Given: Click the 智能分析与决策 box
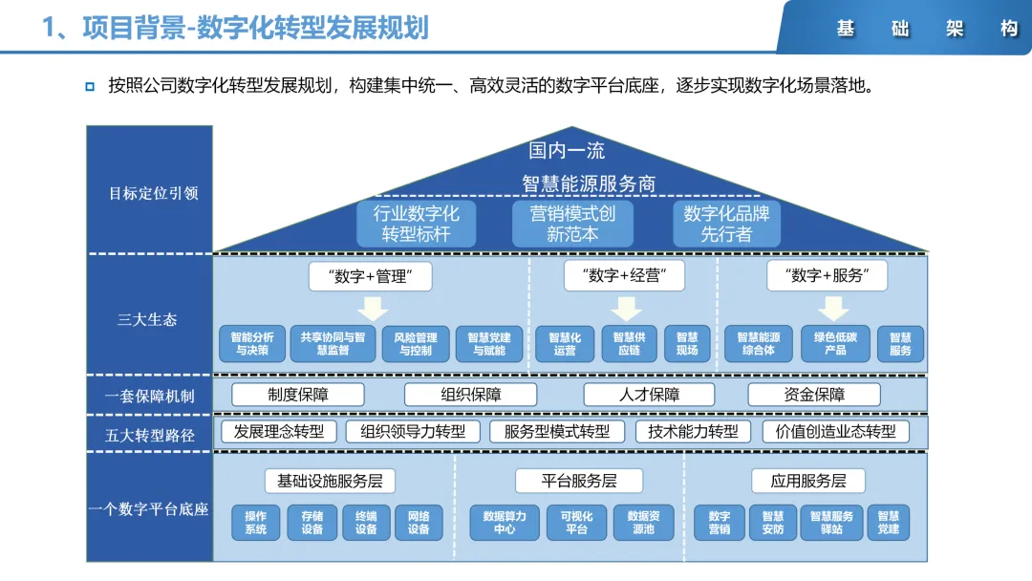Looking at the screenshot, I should pyautogui.click(x=253, y=344).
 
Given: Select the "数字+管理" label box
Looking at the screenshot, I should pyautogui.click(x=371, y=277).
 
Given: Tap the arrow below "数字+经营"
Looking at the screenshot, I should pyautogui.click(x=626, y=308).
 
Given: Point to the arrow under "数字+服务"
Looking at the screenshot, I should pyautogui.click(x=833, y=308).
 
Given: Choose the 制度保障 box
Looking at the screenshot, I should pyautogui.click(x=298, y=395).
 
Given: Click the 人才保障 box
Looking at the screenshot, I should pyautogui.click(x=650, y=395).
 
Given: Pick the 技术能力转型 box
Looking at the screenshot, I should pyautogui.click(x=693, y=431).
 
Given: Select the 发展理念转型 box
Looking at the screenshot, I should pyautogui.click(x=279, y=431).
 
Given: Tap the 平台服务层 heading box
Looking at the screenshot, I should pyautogui.click(x=579, y=481).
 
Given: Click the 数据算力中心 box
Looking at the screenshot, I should pyautogui.click(x=505, y=523).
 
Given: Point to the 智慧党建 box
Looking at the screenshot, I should pyautogui.click(x=888, y=523).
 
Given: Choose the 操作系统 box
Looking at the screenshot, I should pyautogui.click(x=256, y=523).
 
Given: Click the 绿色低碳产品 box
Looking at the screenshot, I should pyautogui.click(x=835, y=344).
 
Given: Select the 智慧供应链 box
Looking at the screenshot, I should pyautogui.click(x=629, y=344).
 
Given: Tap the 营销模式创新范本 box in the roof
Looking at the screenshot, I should pyautogui.click(x=572, y=224).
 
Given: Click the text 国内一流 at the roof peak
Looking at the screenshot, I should pyautogui.click(x=567, y=151).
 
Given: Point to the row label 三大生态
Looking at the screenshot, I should pyautogui.click(x=147, y=319).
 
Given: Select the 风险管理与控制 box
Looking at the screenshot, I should pyautogui.click(x=415, y=344).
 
